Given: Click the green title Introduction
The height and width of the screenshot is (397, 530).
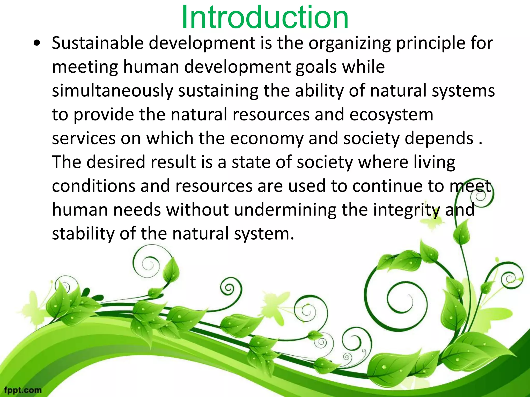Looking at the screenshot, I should tap(265, 18).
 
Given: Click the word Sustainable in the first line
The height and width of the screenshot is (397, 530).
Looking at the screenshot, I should tap(98, 43).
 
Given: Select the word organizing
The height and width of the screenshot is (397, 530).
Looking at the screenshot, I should tap(349, 43).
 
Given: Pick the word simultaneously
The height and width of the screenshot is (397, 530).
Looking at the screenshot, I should tap(112, 91).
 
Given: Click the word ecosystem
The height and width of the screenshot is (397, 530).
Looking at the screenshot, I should tap(391, 115).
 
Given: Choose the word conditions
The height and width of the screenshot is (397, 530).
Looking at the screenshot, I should tap(93, 186).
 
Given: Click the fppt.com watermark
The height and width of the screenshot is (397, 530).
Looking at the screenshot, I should tap(23, 390).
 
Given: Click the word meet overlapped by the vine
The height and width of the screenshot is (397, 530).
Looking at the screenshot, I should tap(470, 186).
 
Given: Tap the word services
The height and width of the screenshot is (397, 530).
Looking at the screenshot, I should tap(84, 139).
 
